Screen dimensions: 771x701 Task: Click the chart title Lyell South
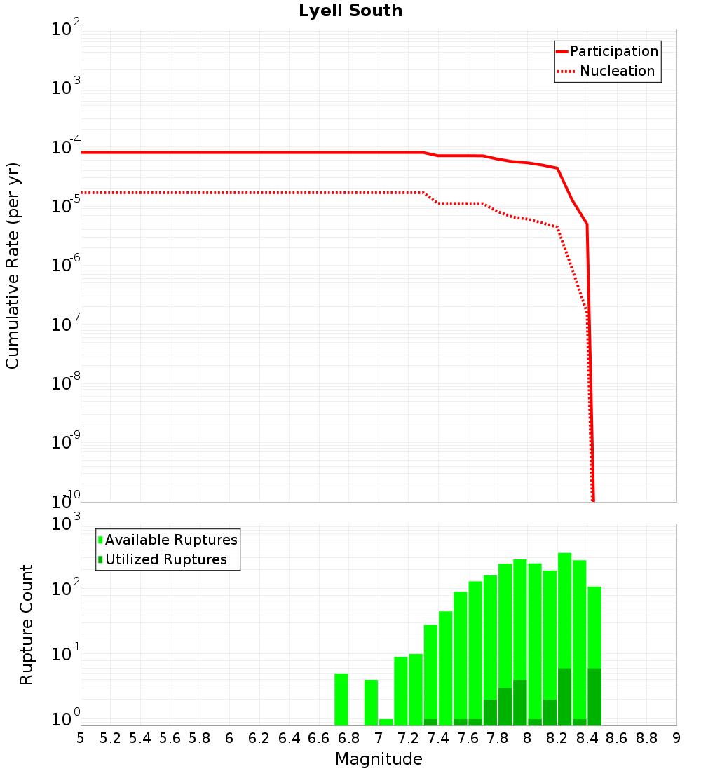point(350,11)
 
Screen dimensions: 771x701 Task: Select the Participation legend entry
point(607,52)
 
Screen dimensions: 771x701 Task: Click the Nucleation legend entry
point(607,71)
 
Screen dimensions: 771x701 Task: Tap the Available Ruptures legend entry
point(168,540)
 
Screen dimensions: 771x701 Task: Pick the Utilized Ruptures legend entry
point(163,559)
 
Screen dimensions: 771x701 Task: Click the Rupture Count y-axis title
point(27,624)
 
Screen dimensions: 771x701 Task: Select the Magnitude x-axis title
point(379,759)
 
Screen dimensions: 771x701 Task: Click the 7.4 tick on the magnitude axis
point(438,738)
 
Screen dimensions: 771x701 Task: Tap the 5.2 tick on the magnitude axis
point(111,738)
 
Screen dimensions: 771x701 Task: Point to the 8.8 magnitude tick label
point(646,738)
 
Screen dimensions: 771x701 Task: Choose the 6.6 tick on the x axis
point(319,738)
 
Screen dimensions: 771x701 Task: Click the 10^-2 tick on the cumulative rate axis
point(66,30)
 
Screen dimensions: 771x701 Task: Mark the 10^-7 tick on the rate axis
point(66,325)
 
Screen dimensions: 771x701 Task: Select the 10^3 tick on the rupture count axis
point(66,524)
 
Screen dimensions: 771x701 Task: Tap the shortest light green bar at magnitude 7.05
point(386,722)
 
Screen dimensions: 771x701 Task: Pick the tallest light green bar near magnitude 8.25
point(565,610)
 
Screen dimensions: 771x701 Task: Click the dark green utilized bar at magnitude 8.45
point(594,697)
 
